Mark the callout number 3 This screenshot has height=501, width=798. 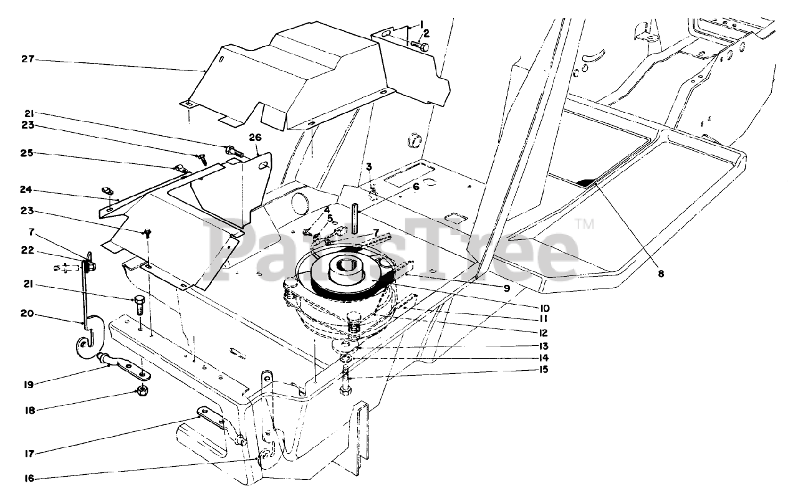pyautogui.click(x=369, y=166)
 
